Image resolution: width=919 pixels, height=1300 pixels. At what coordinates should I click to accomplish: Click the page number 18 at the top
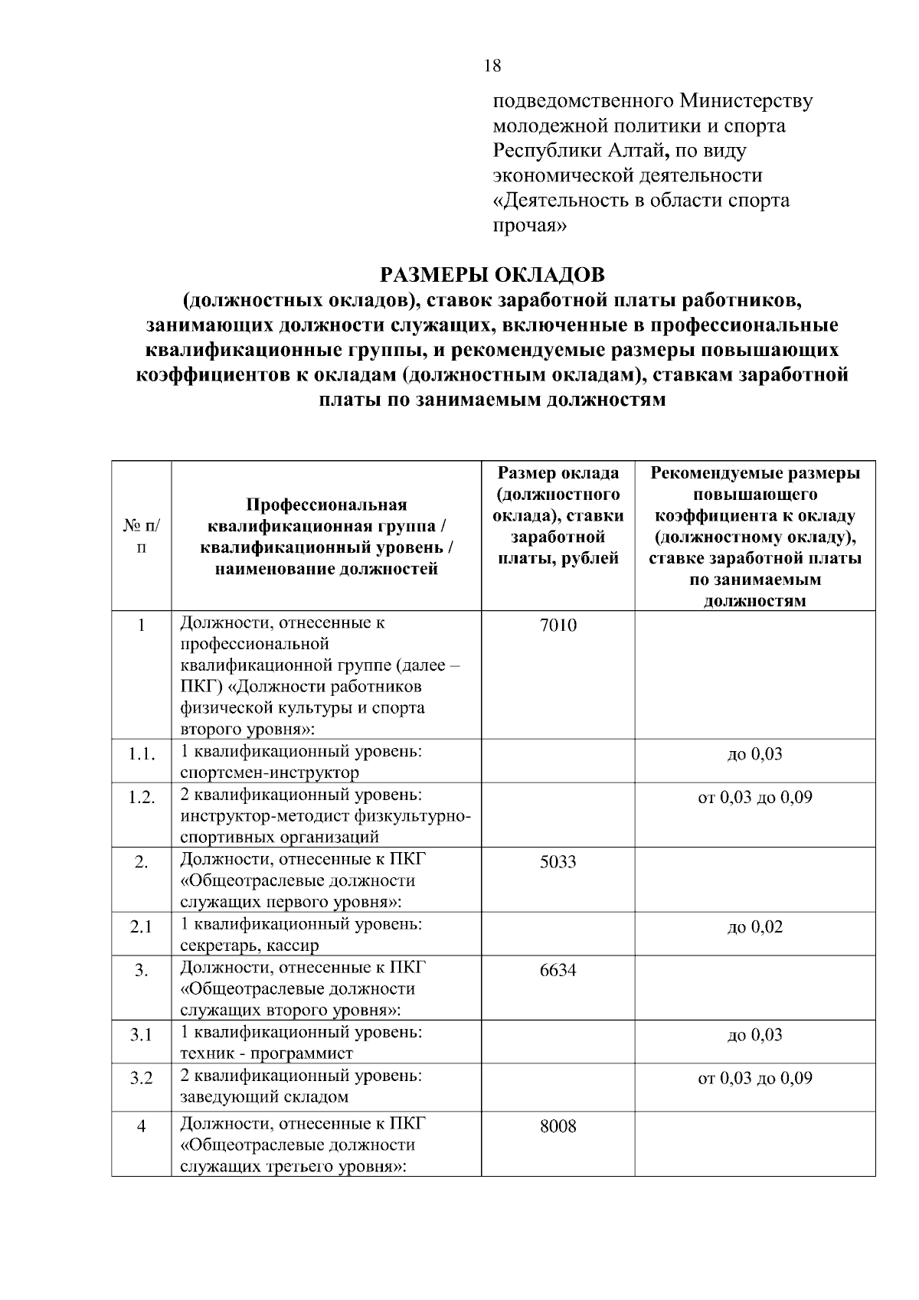coord(492,66)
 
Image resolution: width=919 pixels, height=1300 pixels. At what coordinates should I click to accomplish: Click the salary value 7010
coord(558,626)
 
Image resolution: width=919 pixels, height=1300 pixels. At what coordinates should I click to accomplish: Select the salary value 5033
coord(558,862)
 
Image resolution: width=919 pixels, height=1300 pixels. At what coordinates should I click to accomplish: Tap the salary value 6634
coord(558,971)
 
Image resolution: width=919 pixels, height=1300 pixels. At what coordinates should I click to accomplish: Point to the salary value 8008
coord(558,1127)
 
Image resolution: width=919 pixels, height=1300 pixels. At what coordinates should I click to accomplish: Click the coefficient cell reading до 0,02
coord(754,927)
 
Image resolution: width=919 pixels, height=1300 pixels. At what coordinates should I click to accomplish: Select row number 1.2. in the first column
coord(142,798)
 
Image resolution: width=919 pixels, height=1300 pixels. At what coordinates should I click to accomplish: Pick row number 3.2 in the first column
coord(141,1079)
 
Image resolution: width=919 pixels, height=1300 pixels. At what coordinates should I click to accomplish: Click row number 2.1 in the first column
coord(141,927)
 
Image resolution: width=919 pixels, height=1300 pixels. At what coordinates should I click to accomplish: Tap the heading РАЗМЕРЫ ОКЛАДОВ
coord(492,274)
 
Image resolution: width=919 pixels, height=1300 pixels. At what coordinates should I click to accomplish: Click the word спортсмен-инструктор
coord(270,772)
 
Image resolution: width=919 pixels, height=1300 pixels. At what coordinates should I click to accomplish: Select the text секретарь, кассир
coord(250,946)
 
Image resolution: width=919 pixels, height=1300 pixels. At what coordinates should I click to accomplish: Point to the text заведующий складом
coord(264,1097)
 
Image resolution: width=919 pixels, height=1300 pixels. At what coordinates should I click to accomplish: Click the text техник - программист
coord(267,1054)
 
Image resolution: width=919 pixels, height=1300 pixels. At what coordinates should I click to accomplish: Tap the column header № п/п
coord(141,537)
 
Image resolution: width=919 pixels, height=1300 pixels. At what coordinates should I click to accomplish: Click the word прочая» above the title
coord(529,226)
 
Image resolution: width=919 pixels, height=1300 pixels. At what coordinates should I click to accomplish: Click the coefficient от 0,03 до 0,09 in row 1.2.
coord(754,798)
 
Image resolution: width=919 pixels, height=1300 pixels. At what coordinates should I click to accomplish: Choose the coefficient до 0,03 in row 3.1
coord(754,1035)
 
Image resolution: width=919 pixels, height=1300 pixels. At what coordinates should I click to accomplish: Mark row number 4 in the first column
coord(141,1127)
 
